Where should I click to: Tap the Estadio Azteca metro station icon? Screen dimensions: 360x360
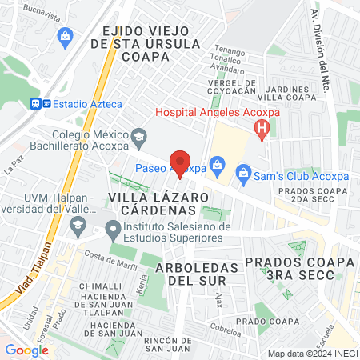[36, 103]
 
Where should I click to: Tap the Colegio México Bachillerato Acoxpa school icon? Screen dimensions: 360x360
[138, 136]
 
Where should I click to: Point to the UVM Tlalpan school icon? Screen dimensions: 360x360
[77, 227]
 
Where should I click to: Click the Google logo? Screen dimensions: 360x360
[27, 350]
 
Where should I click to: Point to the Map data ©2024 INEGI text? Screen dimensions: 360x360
[311, 353]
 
